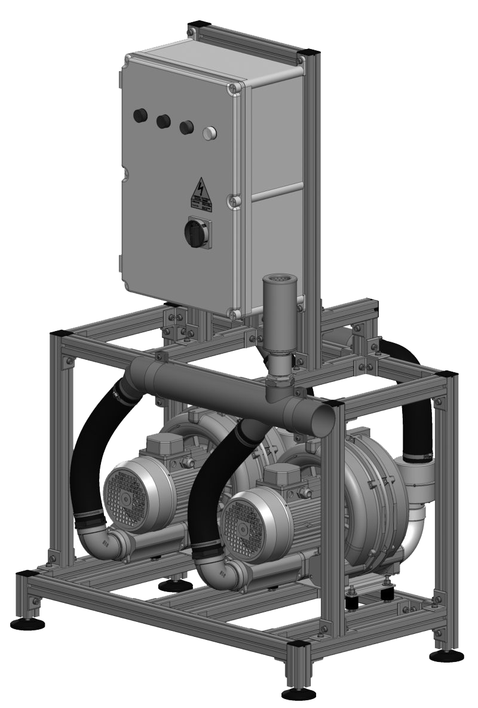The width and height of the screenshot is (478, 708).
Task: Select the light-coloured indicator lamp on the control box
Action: click(209, 133)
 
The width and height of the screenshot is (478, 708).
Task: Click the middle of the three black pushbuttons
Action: click(163, 121)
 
